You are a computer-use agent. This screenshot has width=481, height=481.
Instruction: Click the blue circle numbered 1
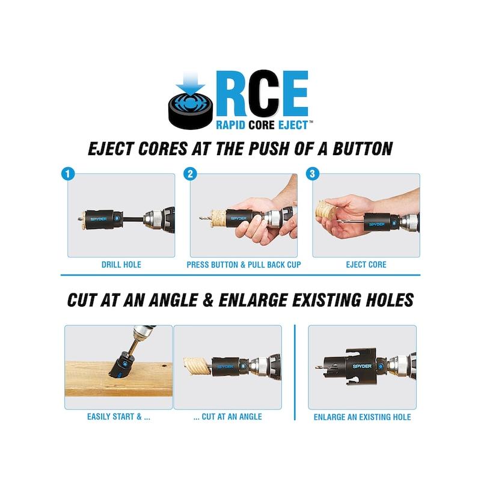click(x=68, y=174)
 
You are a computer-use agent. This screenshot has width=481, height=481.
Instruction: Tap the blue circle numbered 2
click(x=190, y=174)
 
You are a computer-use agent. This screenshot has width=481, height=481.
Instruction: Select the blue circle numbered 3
click(x=312, y=174)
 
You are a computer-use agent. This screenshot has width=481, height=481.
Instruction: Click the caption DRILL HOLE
click(x=121, y=265)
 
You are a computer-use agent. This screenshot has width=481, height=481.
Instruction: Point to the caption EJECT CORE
click(x=366, y=265)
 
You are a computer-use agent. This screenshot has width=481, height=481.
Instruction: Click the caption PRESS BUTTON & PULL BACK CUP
click(x=244, y=265)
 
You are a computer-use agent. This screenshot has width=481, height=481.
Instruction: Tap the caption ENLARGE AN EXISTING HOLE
click(x=363, y=417)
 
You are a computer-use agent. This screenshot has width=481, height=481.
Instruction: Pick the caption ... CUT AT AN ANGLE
click(x=228, y=417)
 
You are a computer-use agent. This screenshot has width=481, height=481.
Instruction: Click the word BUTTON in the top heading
click(x=363, y=149)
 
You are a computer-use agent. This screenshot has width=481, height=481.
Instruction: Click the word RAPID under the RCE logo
click(x=230, y=125)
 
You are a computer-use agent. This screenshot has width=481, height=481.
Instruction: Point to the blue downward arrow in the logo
click(x=190, y=84)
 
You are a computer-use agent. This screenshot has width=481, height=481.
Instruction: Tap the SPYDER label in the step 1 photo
click(x=99, y=219)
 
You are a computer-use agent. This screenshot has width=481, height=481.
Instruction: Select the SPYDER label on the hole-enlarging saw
click(x=363, y=366)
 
